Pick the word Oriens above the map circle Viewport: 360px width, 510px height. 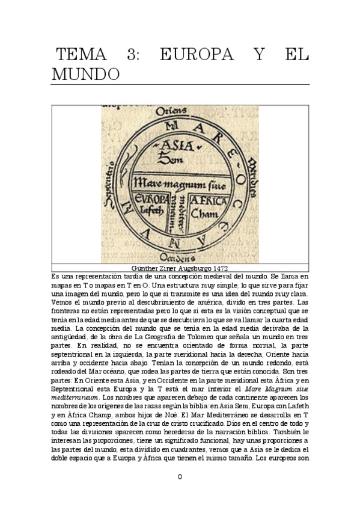(x=169, y=112)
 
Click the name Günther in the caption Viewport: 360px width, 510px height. (x=144, y=266)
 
